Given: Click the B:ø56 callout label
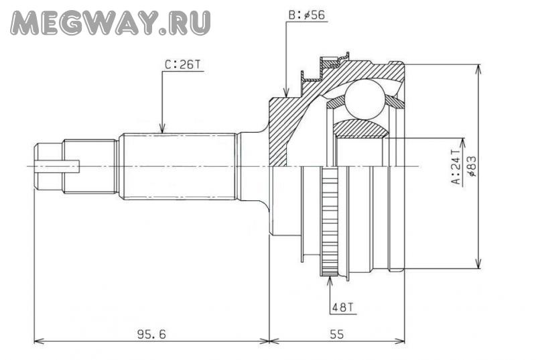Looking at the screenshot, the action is pos(307,15).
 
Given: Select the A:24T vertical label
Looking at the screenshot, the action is pos(456,167).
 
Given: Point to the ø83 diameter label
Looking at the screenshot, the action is pos(472,166).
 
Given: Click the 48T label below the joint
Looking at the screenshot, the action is pos(344,307).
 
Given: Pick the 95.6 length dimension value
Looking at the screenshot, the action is pos(151,334).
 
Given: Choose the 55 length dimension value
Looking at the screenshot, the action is pos(337,334).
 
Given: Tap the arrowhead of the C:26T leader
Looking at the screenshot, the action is pos(162,128).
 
